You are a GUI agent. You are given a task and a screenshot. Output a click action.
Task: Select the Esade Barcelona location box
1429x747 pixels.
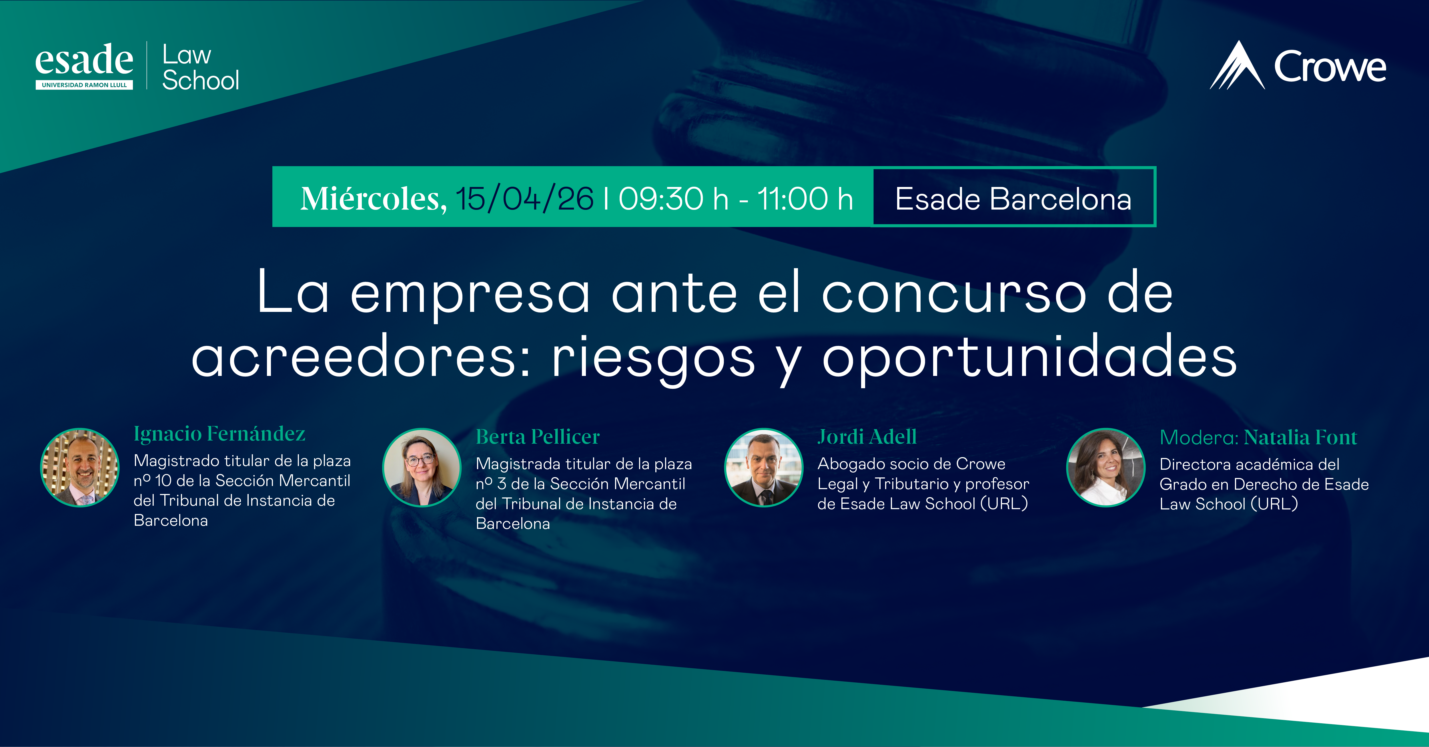(x=1013, y=198)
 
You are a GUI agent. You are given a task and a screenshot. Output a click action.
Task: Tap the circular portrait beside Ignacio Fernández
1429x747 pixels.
(x=80, y=467)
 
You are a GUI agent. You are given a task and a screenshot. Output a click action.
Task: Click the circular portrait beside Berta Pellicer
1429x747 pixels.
(x=422, y=467)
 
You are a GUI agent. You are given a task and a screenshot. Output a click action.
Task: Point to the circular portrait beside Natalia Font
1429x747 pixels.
(x=1105, y=467)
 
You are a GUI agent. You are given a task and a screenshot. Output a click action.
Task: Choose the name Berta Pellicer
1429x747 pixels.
(x=538, y=437)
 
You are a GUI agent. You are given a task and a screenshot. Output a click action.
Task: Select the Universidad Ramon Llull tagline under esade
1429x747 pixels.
(x=84, y=85)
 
